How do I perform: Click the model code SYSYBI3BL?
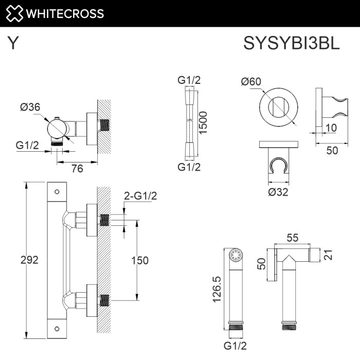pos(292,44)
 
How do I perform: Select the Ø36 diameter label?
pos(30,107)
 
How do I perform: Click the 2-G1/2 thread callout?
pos(140,195)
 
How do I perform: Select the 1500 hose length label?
pos(204,122)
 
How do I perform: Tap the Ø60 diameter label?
pos(251,81)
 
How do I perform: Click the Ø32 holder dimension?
pos(278,192)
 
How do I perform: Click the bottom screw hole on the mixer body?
pos(57,327)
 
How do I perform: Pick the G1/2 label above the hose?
pos(189,80)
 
